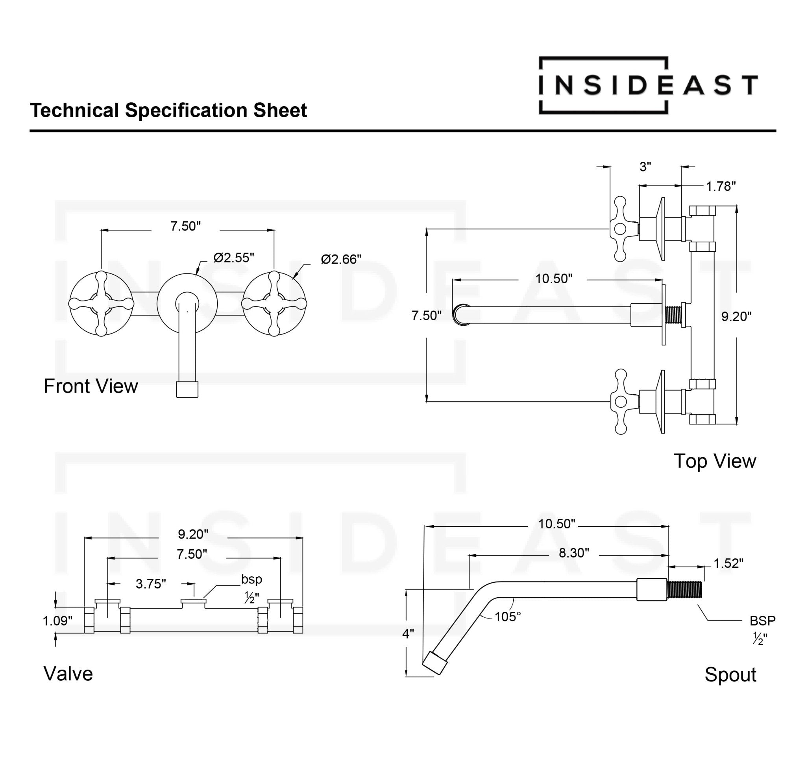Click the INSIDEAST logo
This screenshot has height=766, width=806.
coord(647,85)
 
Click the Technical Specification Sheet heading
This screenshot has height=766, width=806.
coord(168,110)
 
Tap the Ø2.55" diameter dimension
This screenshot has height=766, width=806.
coord(234,258)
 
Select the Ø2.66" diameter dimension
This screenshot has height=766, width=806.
coord(341,259)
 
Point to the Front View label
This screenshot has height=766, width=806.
coord(91,386)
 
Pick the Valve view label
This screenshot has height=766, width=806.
coord(68,674)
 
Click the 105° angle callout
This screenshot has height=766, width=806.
coord(508,616)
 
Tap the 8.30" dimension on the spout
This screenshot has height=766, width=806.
coord(574,553)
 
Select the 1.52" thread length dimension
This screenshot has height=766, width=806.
coord(728,563)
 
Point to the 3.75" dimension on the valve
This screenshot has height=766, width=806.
coord(151,584)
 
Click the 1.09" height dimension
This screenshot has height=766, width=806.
coord(57,621)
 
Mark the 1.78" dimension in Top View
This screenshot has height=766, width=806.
coord(721,186)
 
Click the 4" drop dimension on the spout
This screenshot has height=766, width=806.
coord(408,634)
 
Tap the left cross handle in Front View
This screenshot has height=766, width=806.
coord(101,303)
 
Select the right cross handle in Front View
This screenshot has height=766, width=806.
coord(274,303)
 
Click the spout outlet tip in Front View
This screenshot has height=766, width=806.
coord(187,389)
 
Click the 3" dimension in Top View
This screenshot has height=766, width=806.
coord(645,166)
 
